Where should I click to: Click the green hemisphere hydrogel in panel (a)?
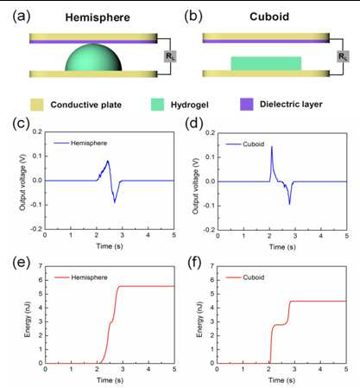pyautogui.click(x=93, y=58)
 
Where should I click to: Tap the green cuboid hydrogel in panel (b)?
pyautogui.click(x=266, y=63)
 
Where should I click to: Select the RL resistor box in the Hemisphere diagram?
pyautogui.click(x=170, y=56)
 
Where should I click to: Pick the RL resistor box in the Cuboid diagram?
pyautogui.click(x=343, y=56)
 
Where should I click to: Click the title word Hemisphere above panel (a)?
pyautogui.click(x=98, y=17)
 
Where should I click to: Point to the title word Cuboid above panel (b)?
pyautogui.click(x=269, y=16)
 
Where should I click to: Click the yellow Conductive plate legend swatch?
pyautogui.click(x=37, y=105)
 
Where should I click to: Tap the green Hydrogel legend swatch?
pyautogui.click(x=157, y=105)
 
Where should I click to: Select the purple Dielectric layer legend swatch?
pyautogui.click(x=247, y=105)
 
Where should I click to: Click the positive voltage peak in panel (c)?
pyautogui.click(x=108, y=161)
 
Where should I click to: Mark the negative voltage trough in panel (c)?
pyautogui.click(x=115, y=202)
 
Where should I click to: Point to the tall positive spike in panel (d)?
pyautogui.click(x=272, y=147)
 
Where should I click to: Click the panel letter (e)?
pyautogui.click(x=21, y=263)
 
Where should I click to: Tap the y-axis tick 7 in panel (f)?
pyautogui.click(x=212, y=265)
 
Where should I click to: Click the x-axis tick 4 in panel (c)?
pyautogui.click(x=148, y=235)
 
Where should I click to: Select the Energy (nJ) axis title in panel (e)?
pyautogui.click(x=28, y=320)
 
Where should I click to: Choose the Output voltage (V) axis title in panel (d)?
pyautogui.click(x=196, y=186)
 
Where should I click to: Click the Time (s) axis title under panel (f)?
pyautogui.click(x=281, y=380)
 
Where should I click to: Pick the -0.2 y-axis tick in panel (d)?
pyautogui.click(x=209, y=230)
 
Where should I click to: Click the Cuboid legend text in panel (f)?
pyautogui.click(x=254, y=277)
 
